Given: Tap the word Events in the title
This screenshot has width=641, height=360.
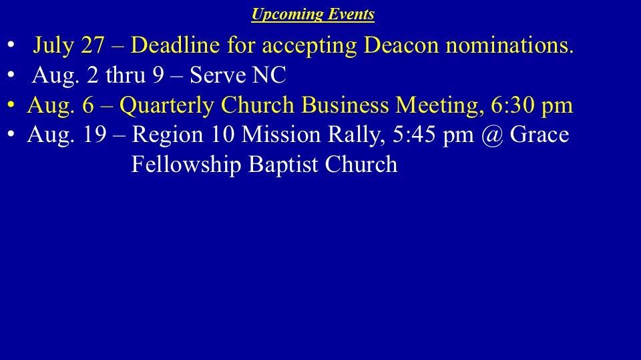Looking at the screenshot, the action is pos(352,14).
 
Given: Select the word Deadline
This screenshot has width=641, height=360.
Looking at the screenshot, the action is pos(176,45).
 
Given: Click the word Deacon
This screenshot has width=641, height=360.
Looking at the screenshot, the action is pos(401,45).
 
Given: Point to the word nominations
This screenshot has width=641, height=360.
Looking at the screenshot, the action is pos(509,45).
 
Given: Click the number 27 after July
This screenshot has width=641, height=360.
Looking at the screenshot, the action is pos(92,45).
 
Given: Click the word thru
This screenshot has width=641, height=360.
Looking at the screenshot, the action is pos(126,75).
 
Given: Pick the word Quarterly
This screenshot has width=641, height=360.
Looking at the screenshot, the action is pos(166,105).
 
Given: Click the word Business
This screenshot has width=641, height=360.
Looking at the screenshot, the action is pos(345,105).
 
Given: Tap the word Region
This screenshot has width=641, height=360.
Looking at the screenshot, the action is pos(167,135).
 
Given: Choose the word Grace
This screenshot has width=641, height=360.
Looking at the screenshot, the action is pos(540,135).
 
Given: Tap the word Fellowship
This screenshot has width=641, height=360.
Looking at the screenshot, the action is pos(186,165).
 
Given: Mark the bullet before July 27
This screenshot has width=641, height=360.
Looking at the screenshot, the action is pos(11,45).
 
